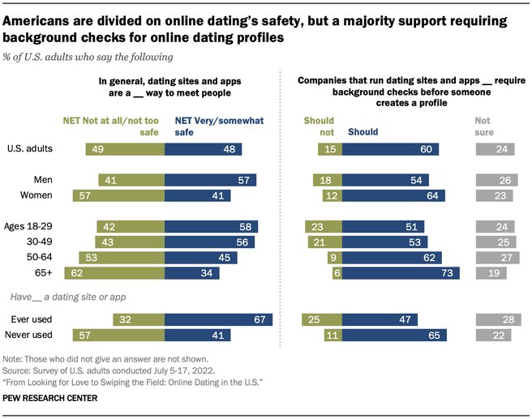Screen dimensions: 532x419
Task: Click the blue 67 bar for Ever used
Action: coord(218,319)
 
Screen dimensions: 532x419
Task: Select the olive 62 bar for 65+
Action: coord(114,273)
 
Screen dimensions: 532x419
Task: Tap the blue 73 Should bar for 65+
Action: coord(401,273)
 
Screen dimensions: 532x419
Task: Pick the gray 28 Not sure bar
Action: coord(499,319)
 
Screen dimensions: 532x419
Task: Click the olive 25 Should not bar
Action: coord(322,319)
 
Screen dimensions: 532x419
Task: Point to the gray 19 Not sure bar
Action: coord(491,273)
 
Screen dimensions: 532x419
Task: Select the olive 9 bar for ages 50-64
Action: coord(335,258)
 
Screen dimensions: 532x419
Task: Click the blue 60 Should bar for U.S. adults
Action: coord(390,149)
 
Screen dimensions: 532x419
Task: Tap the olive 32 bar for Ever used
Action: coord(139,319)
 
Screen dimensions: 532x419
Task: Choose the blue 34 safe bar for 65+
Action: coord(192,273)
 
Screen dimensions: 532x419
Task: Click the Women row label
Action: coord(36,195)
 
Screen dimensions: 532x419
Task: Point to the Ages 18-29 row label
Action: coord(28,226)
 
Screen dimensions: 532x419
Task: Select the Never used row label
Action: coord(29,335)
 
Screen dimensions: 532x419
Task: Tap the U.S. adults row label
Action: coord(30,149)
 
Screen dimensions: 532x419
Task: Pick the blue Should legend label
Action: coord(363,132)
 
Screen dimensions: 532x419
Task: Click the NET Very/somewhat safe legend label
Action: coord(219,126)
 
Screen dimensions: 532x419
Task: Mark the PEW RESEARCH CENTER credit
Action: coord(50,398)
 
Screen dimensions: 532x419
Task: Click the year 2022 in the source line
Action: coord(203,370)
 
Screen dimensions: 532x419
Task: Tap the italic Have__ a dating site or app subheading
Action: coord(68,297)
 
